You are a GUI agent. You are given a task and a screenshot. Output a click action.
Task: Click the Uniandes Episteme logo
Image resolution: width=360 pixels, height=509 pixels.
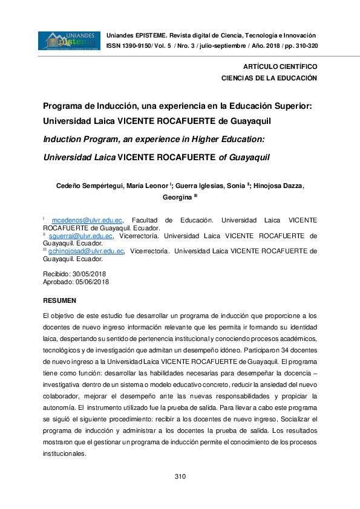pos(69,41)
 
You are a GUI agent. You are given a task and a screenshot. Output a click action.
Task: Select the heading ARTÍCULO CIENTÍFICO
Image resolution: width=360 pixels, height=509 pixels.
pos(280,66)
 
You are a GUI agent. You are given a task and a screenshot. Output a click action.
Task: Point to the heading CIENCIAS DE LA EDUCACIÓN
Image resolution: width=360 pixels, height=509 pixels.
pos(269,78)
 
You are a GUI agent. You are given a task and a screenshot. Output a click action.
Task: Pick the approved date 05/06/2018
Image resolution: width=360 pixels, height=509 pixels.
pos(93,282)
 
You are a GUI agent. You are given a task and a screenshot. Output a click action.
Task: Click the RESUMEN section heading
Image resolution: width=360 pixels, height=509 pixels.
pos(59,300)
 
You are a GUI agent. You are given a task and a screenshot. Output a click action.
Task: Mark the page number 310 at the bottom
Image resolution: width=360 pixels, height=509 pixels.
pos(180,477)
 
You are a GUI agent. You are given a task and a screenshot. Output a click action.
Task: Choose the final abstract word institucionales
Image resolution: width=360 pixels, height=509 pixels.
pos(65,453)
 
